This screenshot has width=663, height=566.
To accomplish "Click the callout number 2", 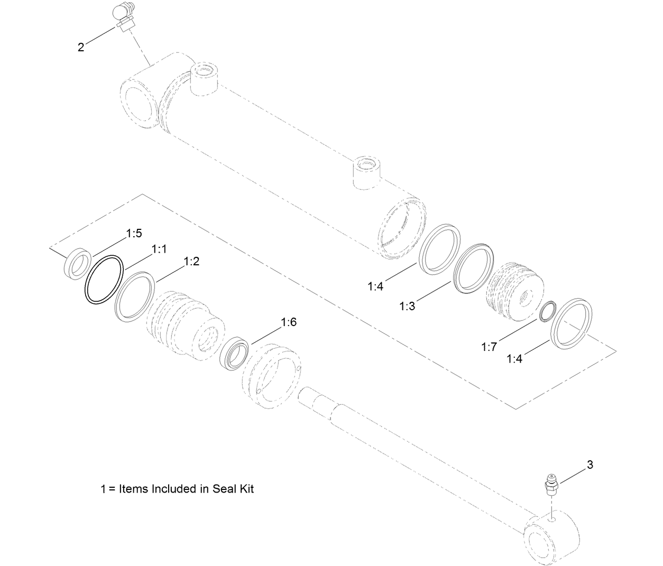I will coord(80,48).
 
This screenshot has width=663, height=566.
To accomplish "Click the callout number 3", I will coord(590,465).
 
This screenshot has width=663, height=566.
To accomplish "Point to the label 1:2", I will coord(191,262).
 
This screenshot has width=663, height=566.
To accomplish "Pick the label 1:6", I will coord(289,322).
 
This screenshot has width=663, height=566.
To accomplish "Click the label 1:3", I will coord(407,306).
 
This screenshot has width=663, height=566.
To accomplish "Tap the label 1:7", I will coord(489,347).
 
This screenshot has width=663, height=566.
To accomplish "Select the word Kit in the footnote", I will coord(246,489).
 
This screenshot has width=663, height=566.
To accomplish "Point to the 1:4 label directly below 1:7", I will coord(514,359).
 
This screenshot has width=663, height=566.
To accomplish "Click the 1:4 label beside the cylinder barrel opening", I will coord(375,286).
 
